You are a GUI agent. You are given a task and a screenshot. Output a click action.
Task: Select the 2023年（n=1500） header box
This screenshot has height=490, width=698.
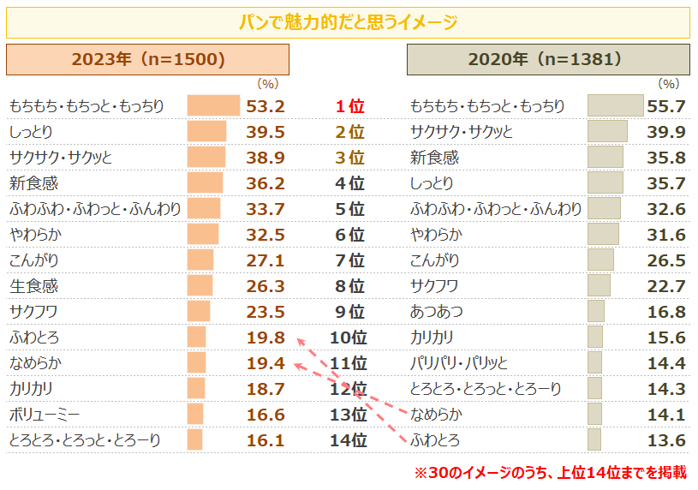(147, 60)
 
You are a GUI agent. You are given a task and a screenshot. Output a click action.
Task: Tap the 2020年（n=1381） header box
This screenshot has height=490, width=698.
(548, 60)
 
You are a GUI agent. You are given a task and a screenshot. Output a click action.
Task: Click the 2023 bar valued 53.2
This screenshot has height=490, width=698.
(213, 106)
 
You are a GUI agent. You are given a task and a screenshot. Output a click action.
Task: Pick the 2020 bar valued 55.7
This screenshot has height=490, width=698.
(615, 106)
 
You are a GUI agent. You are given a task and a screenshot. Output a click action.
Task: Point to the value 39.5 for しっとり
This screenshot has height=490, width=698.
(265, 132)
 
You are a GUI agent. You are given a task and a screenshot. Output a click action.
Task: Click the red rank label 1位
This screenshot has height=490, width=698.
(349, 106)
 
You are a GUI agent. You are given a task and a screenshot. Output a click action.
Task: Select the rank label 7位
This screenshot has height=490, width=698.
(349, 260)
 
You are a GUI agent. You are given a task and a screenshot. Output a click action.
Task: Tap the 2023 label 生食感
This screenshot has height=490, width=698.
(33, 286)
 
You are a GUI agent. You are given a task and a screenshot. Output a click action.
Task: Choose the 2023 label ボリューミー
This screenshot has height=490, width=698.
(45, 415)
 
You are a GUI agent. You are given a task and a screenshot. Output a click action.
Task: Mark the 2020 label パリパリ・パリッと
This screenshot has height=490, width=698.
(459, 363)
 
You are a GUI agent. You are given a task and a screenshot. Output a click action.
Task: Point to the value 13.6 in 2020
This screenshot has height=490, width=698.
(666, 440)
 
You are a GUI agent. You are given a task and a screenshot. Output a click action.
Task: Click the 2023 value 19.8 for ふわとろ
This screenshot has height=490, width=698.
(265, 338)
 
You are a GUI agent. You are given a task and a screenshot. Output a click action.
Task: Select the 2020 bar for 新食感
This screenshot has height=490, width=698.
(605, 158)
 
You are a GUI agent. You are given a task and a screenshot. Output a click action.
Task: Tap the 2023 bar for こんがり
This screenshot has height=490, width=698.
(200, 260)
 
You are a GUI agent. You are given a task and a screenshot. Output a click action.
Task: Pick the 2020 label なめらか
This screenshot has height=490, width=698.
(437, 415)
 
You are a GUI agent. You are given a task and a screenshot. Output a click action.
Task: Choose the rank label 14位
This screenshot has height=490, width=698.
(349, 440)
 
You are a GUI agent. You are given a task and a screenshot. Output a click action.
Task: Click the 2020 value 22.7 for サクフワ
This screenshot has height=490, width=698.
(666, 286)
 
